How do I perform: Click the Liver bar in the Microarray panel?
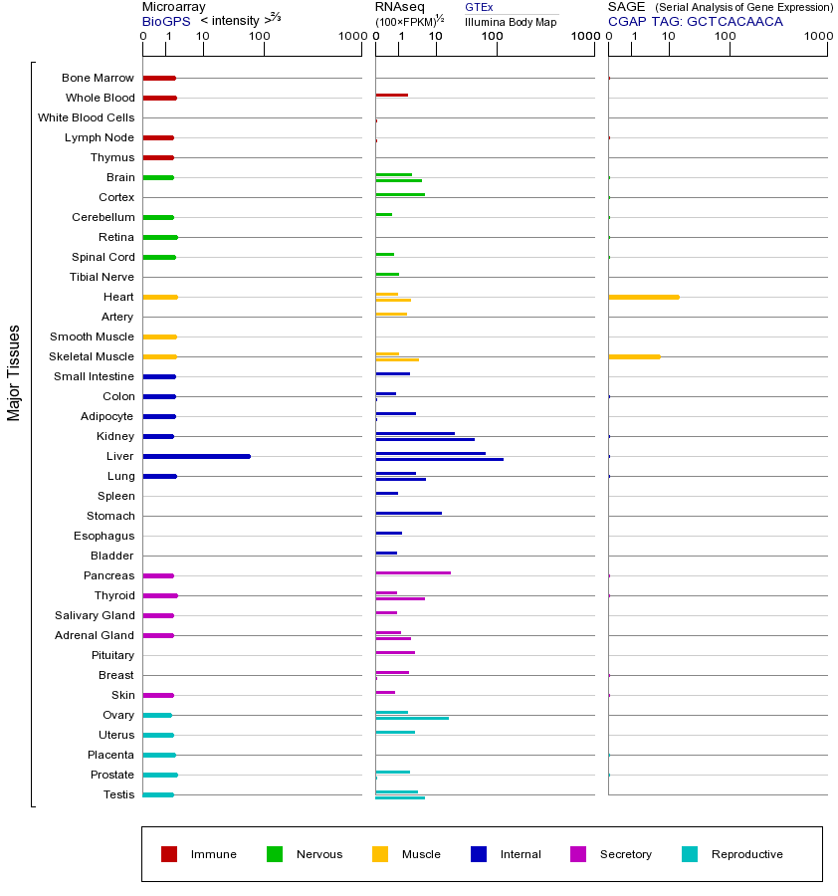(196, 456)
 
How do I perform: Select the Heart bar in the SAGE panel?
(643, 297)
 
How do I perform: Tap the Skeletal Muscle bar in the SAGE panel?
(634, 356)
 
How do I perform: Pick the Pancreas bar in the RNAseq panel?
(413, 572)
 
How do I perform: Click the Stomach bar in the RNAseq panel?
(408, 513)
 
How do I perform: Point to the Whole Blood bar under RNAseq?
(391, 95)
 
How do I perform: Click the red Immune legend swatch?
(169, 854)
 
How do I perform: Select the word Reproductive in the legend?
(746, 854)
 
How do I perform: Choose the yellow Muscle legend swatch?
(380, 854)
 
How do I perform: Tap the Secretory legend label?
(625, 854)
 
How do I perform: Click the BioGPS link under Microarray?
(165, 21)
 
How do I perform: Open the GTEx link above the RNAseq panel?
(479, 7)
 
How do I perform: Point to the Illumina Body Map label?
(511, 21)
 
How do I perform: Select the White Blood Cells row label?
(86, 117)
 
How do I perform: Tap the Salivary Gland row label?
(95, 615)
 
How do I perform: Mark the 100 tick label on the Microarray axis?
(259, 37)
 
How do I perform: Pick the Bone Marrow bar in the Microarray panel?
(159, 78)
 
